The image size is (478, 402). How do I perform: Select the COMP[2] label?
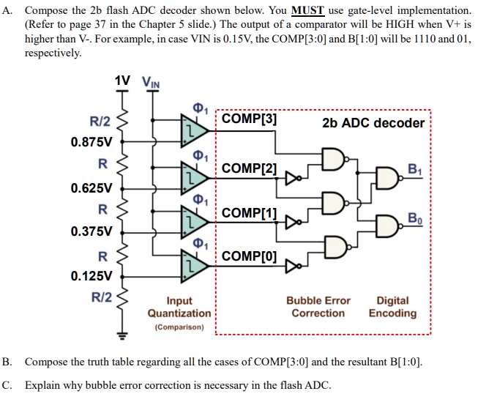click(x=249, y=169)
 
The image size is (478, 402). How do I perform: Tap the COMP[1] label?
click(x=249, y=213)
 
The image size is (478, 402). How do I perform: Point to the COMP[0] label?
click(x=249, y=256)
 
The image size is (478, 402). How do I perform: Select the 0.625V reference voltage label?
click(x=92, y=187)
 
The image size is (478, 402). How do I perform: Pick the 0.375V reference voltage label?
click(x=92, y=231)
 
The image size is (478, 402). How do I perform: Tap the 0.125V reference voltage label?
click(x=92, y=277)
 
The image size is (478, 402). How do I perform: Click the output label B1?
click(x=418, y=168)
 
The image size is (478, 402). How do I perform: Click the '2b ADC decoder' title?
click(x=373, y=122)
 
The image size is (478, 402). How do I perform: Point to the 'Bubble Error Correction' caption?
click(x=318, y=307)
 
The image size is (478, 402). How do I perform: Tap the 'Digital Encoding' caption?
click(x=392, y=307)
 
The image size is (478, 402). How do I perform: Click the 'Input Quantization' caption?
click(x=179, y=308)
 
